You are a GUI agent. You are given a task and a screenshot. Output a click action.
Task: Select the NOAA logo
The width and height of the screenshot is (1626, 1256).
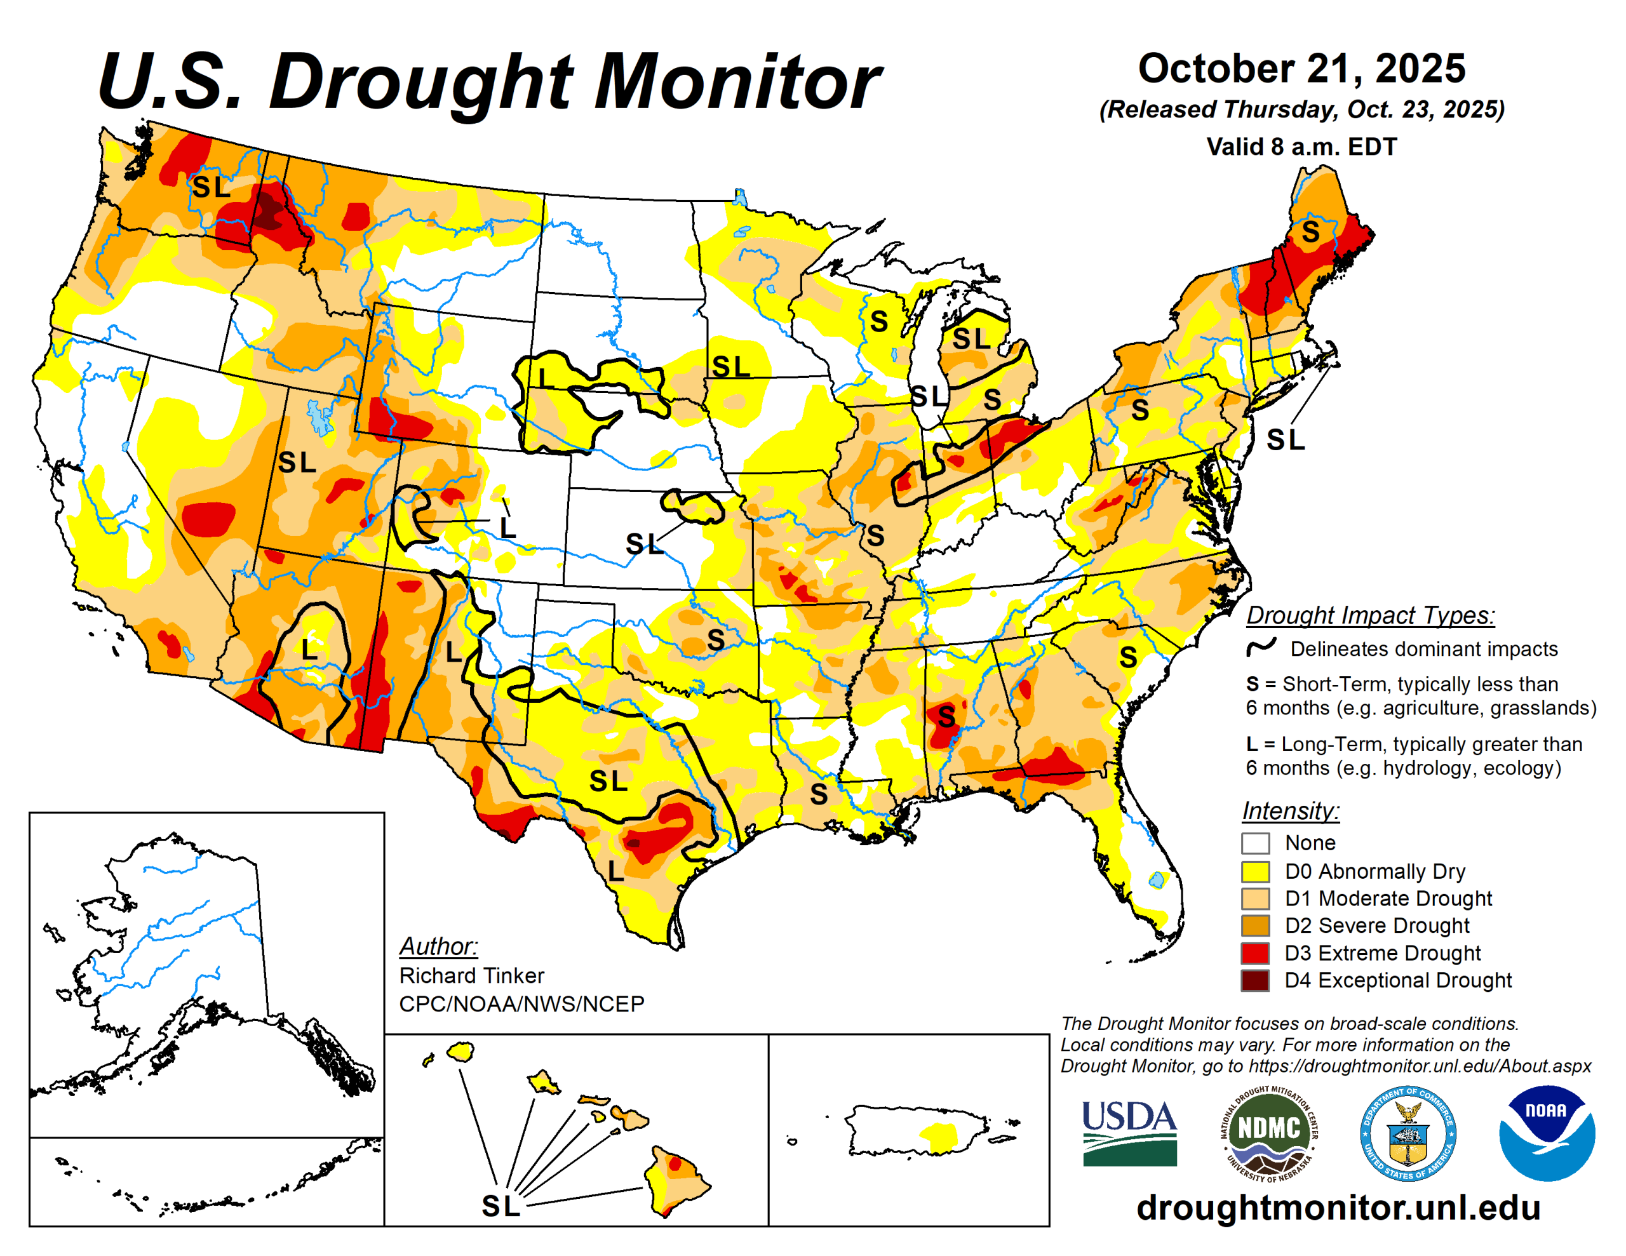(1547, 1132)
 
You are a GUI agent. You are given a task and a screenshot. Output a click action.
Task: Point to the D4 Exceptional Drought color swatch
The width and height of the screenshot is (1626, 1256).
(1254, 980)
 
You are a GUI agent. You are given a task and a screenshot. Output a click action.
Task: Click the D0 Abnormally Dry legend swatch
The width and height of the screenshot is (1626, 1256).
(1254, 871)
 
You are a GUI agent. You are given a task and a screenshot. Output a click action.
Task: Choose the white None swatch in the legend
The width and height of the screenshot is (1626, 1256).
(1254, 843)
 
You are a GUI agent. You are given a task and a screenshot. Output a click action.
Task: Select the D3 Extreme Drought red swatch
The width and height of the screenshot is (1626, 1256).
(1254, 953)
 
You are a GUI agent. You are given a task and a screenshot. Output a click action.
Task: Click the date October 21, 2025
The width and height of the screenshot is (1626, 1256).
(1301, 69)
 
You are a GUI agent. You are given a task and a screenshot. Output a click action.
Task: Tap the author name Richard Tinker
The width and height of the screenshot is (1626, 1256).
(471, 975)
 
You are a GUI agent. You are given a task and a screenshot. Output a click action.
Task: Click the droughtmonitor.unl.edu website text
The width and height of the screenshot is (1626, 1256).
(1338, 1208)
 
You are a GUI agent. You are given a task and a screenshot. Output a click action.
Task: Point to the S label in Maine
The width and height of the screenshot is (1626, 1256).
(1310, 232)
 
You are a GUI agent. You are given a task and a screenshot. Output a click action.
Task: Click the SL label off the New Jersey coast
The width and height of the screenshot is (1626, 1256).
(1286, 440)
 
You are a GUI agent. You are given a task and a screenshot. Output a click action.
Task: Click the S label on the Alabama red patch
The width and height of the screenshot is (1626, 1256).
(946, 717)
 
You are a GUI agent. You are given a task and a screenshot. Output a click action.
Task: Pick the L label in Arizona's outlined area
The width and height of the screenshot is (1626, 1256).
(310, 649)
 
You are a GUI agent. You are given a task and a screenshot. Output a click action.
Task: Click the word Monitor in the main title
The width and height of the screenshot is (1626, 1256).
(736, 82)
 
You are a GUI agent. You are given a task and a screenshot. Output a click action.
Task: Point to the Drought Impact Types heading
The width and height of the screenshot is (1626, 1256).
(1370, 616)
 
